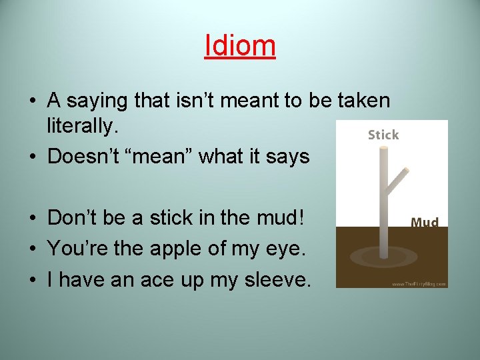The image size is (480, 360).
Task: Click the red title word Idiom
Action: click(x=240, y=45)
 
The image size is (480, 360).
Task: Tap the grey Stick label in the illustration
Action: click(x=383, y=135)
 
